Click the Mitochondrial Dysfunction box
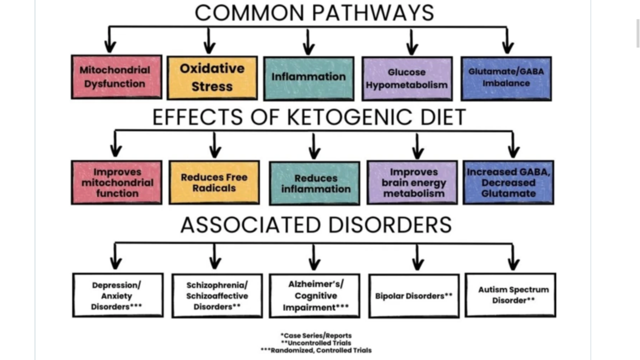116,77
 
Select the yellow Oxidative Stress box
212,77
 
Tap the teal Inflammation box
308,78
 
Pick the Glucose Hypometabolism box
407,78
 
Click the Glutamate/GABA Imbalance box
506,78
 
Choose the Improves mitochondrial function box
116,182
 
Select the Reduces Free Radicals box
214,182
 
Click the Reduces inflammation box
314,183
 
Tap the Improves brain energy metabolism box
412,182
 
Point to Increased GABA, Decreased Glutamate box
508,182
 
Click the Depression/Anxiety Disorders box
117,295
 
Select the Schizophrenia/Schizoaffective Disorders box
217,295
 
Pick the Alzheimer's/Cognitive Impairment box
314,295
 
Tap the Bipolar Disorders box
414,295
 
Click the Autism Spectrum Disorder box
510,294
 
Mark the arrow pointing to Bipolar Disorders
417,257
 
